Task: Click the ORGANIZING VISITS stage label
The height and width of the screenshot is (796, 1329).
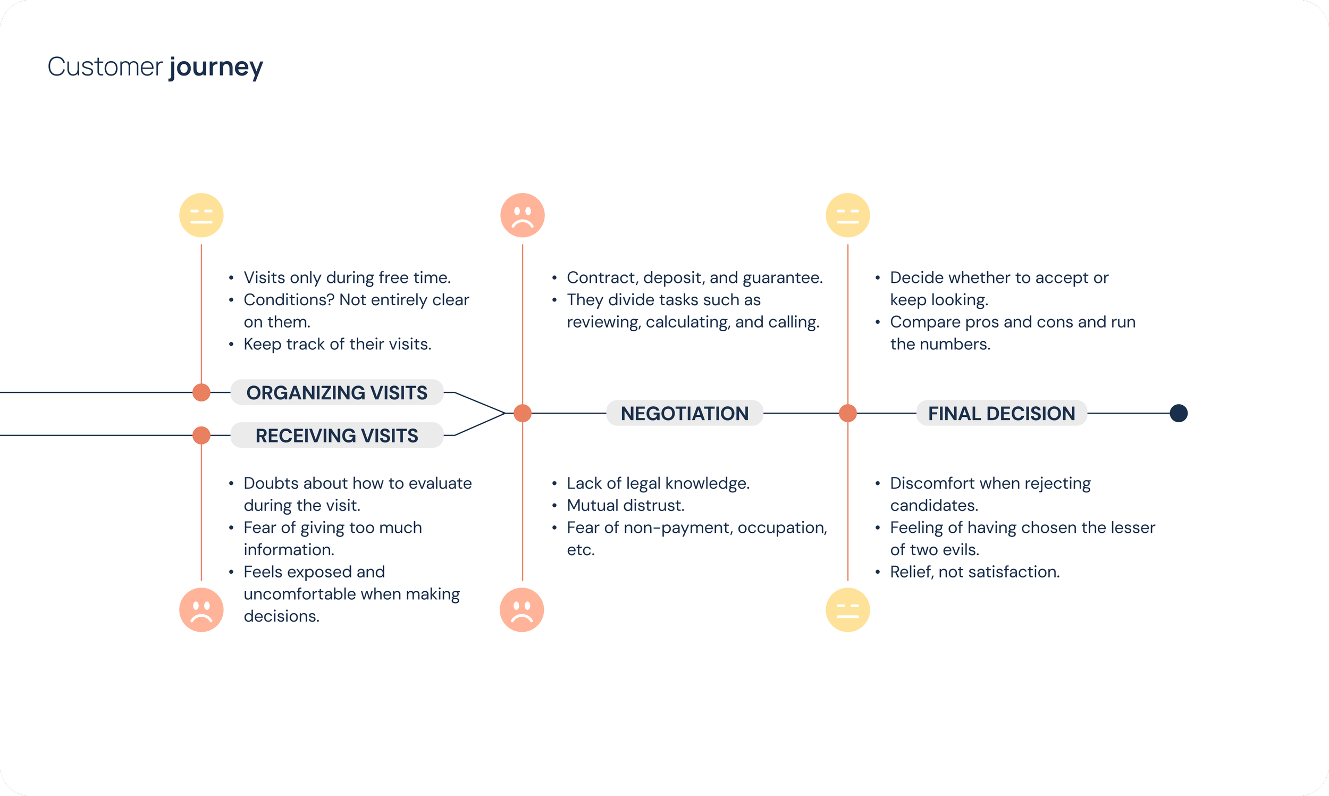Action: (x=337, y=392)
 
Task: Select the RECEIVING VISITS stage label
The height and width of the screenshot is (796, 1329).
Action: (x=337, y=435)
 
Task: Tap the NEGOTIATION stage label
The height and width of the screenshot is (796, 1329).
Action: (x=685, y=414)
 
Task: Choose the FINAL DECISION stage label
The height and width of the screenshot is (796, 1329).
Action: (x=1002, y=414)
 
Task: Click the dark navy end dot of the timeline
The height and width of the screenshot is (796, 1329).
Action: (x=1179, y=414)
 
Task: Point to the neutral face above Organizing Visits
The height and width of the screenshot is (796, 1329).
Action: (x=201, y=215)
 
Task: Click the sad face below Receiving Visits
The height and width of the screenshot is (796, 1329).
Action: (x=201, y=610)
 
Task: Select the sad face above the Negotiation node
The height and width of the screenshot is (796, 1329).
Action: (x=522, y=215)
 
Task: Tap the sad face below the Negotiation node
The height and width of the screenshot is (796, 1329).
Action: (x=521, y=610)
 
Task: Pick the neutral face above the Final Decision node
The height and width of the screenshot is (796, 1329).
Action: (x=847, y=215)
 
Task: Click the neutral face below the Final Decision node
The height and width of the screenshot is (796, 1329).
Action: (x=847, y=610)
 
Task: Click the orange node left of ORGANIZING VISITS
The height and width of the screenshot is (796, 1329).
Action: (x=201, y=392)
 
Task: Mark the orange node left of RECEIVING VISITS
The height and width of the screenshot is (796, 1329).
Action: (x=201, y=435)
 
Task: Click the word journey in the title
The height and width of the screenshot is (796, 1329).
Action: (x=216, y=67)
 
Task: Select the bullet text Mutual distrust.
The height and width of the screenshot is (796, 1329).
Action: (x=626, y=505)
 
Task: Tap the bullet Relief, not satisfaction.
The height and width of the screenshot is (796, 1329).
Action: (x=974, y=572)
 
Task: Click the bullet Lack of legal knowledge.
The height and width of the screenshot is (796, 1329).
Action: (x=658, y=483)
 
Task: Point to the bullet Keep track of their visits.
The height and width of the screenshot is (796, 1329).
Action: (x=337, y=344)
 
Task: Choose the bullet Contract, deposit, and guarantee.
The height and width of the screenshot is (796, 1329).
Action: (x=694, y=278)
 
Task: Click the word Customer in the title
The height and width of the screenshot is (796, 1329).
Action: (x=105, y=67)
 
